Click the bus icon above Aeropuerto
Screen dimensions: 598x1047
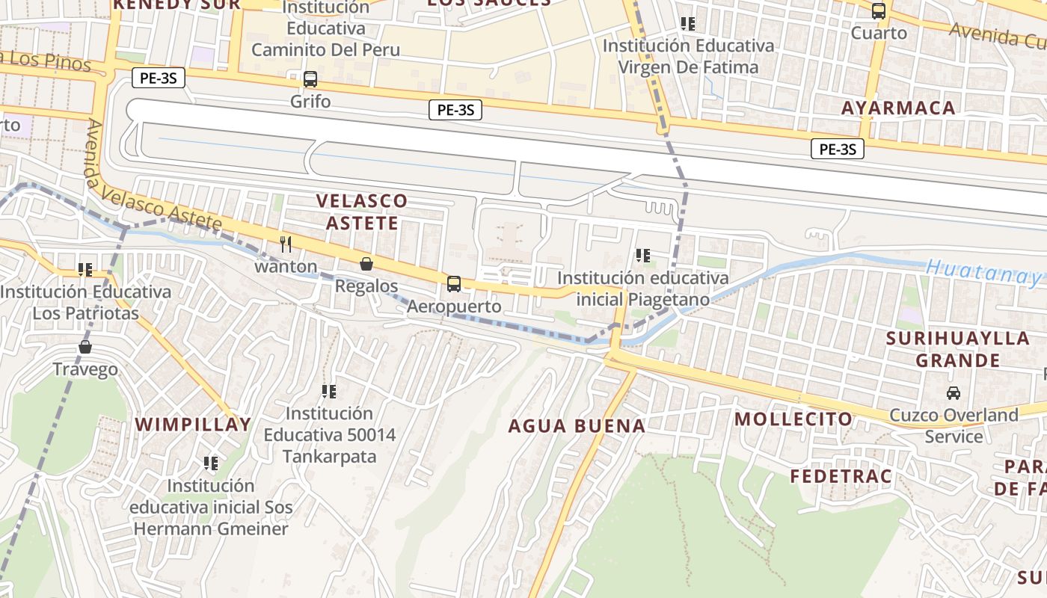pos(454,284)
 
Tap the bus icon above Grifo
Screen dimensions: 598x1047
pos(310,78)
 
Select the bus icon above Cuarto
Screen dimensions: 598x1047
pos(879,11)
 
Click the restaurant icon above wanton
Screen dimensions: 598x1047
pos(286,244)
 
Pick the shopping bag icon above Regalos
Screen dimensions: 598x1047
pos(366,264)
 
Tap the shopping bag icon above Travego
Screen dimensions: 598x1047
pos(85,347)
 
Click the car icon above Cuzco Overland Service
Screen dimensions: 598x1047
pos(954,392)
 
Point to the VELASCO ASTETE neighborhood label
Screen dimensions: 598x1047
pos(362,212)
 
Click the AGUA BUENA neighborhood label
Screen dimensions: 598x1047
pos(577,426)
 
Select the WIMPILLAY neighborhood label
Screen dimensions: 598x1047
pos(193,425)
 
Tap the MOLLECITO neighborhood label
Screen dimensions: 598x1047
pos(793,419)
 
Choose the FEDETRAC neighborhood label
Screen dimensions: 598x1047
pos(841,476)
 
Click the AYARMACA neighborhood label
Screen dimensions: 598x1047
pos(898,108)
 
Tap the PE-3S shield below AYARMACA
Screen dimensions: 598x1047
pos(838,149)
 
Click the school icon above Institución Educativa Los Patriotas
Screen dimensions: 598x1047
pos(85,269)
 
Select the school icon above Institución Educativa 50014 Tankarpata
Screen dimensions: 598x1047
pos(328,391)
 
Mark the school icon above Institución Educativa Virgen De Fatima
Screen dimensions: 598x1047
pos(688,24)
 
